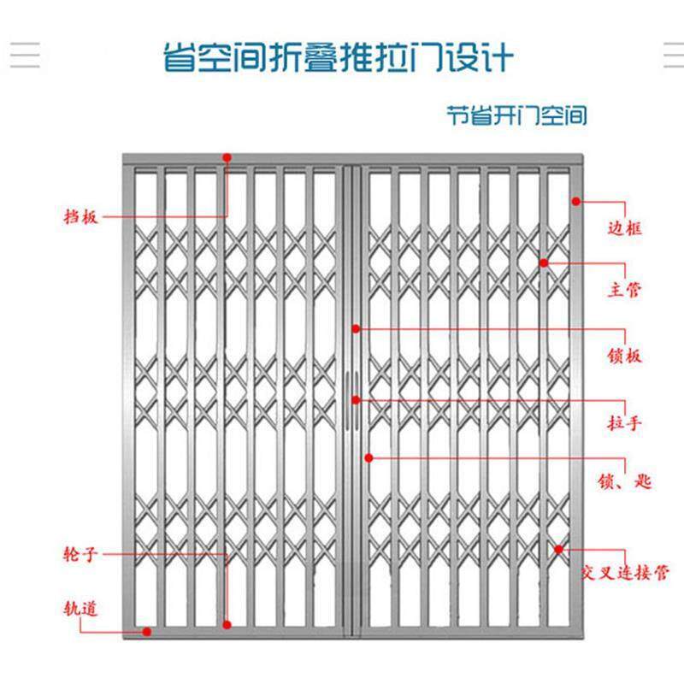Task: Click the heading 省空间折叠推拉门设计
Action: [339, 58]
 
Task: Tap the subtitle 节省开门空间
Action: [516, 115]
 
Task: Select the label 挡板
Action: [81, 216]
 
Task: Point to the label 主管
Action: [624, 291]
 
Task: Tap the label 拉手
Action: [624, 422]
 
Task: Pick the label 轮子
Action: [81, 555]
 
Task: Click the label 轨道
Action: [80, 609]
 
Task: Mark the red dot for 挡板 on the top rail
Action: [227, 157]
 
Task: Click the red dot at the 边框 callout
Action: [576, 202]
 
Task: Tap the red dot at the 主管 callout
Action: [544, 262]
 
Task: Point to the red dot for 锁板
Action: [357, 328]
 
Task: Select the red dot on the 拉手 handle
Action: [357, 398]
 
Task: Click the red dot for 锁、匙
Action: [369, 457]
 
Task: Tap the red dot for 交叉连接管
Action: [558, 549]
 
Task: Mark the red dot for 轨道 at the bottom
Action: [147, 632]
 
